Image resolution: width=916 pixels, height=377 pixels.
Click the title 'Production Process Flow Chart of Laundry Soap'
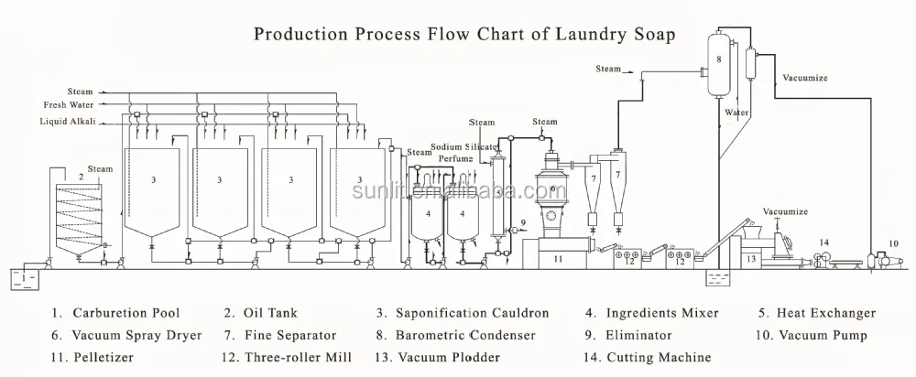pos(464,36)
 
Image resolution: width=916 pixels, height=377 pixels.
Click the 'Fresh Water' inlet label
pos(71,106)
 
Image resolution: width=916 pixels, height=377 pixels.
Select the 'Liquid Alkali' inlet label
pos(68,121)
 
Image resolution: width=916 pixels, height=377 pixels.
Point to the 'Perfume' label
pos(455,158)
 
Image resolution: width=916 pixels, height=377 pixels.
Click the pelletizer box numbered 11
pos(558,259)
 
